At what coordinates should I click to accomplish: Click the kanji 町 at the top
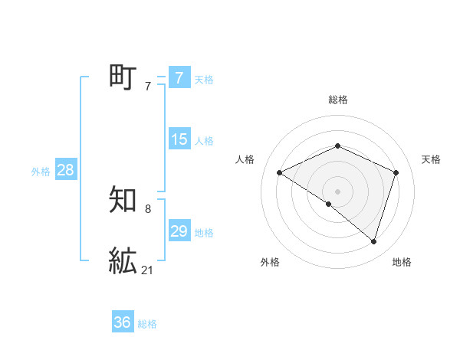pos(123,77)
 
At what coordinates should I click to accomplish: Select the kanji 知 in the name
pos(123,200)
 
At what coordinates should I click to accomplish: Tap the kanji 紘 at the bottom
pos(123,260)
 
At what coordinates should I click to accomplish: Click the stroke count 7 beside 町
pos(148,87)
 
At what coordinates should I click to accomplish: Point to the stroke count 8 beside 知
pos(148,209)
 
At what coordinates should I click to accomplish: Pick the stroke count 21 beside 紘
pos(148,270)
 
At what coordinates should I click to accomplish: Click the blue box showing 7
pos(179,77)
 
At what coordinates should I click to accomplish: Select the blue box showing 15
pos(179,139)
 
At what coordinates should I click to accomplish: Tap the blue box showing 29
pos(179,231)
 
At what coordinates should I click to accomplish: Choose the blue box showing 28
pos(65,170)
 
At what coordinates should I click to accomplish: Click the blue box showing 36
pos(123,322)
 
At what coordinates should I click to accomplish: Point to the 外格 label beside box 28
pos(41,172)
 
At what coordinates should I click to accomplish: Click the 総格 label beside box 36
pos(148,324)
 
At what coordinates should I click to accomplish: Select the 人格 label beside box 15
pos(204,141)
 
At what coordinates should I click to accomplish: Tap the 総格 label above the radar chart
pos(337,100)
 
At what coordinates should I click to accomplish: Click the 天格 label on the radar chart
pos(431,159)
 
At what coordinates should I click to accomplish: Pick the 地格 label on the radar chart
pos(402,262)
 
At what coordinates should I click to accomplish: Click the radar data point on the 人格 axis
pos(280,172)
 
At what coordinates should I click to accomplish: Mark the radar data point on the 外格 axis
pos(328,204)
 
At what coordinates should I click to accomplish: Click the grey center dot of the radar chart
pos(337,191)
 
